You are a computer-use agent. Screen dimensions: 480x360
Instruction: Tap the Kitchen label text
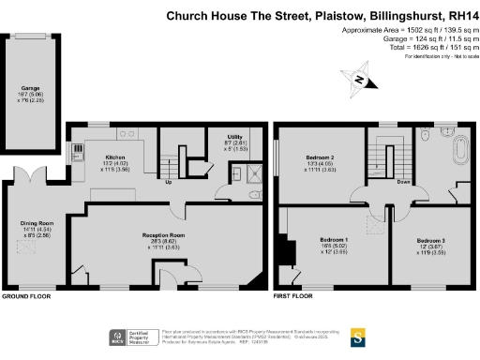(115, 157)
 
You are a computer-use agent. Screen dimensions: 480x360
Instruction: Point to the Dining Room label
(37, 223)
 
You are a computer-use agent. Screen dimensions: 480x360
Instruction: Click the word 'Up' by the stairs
(169, 183)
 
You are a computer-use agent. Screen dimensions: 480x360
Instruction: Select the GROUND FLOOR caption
(25, 295)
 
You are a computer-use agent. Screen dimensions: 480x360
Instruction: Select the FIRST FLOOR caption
(292, 295)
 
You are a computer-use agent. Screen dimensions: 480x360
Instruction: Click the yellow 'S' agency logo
(357, 335)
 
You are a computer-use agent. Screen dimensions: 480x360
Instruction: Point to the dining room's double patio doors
(30, 174)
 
